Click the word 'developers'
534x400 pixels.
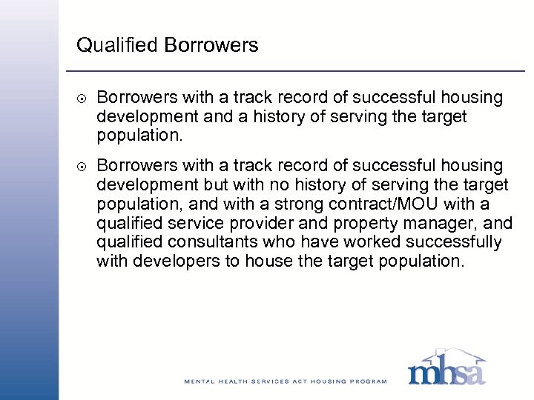[x=170, y=261]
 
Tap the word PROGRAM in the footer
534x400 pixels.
[x=369, y=381]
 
